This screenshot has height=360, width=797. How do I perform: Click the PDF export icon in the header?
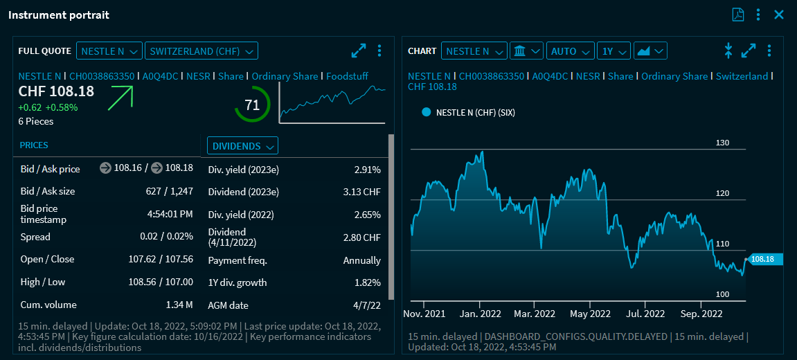[738, 15]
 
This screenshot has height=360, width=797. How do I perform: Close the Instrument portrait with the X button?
[779, 15]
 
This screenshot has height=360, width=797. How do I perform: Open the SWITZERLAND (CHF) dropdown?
[202, 51]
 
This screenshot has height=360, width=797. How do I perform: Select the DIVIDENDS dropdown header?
[242, 146]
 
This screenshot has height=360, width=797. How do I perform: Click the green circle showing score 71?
[252, 105]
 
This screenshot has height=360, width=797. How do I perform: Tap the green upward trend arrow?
[120, 98]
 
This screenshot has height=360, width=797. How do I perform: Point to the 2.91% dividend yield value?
[367, 170]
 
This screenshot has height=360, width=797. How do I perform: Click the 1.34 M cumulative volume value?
[179, 305]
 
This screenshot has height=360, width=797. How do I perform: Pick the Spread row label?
[35, 237]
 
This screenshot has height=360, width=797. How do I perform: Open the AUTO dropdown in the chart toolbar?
[571, 51]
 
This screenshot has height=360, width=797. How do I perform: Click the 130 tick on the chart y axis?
[723, 143]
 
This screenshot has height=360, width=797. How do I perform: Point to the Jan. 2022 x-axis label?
[481, 314]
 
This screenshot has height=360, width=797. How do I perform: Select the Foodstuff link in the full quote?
[347, 76]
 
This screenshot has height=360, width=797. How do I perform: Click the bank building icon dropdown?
[526, 51]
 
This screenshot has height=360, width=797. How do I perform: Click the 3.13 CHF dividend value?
[362, 192]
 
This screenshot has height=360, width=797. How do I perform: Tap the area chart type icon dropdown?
[650, 51]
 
